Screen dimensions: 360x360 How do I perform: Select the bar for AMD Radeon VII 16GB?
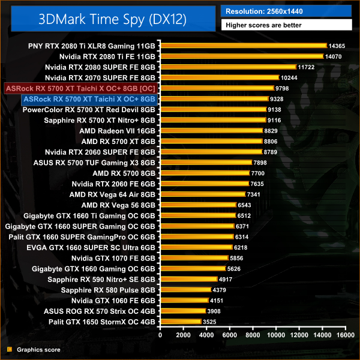point(210,131)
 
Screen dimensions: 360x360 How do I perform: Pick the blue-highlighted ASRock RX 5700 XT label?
point(88,99)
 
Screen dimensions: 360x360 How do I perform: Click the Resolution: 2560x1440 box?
point(287,11)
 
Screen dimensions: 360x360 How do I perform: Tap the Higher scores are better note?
point(287,25)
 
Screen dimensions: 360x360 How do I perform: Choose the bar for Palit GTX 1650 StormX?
point(179,322)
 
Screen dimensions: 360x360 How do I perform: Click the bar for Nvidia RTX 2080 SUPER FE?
point(227,67)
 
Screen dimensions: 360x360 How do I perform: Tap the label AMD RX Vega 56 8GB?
point(118,205)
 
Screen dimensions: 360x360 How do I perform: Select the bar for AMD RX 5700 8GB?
point(204,173)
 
